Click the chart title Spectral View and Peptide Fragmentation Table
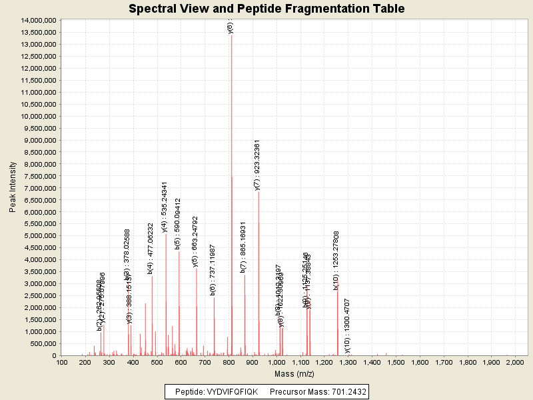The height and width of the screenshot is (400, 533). coord(266,9)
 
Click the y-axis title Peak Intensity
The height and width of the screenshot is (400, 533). coord(13,187)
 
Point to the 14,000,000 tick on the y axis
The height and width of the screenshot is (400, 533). coord(38,20)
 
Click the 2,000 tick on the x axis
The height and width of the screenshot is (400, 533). coord(515,362)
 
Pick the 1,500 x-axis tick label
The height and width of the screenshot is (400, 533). coord(396,362)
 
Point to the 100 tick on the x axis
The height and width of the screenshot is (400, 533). coord(62,362)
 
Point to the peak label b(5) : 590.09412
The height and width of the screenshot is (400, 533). coord(178,223)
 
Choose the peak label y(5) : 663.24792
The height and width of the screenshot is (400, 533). coord(195,241)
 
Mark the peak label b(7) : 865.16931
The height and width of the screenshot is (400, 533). coord(244,247)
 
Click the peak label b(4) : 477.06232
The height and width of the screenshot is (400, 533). coord(151,248)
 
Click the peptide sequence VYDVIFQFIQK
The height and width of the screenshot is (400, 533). coord(231,391)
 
